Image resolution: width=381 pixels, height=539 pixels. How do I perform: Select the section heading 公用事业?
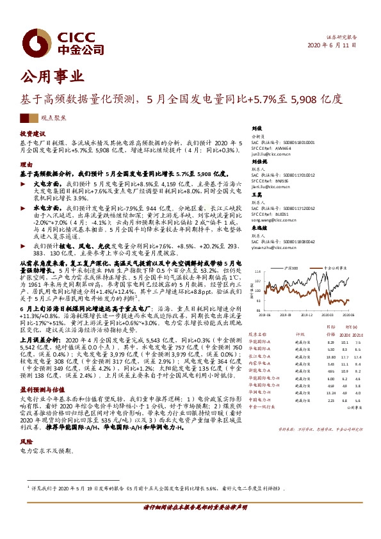pos(53,77)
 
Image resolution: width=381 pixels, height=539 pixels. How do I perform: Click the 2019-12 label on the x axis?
pos(307,315)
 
